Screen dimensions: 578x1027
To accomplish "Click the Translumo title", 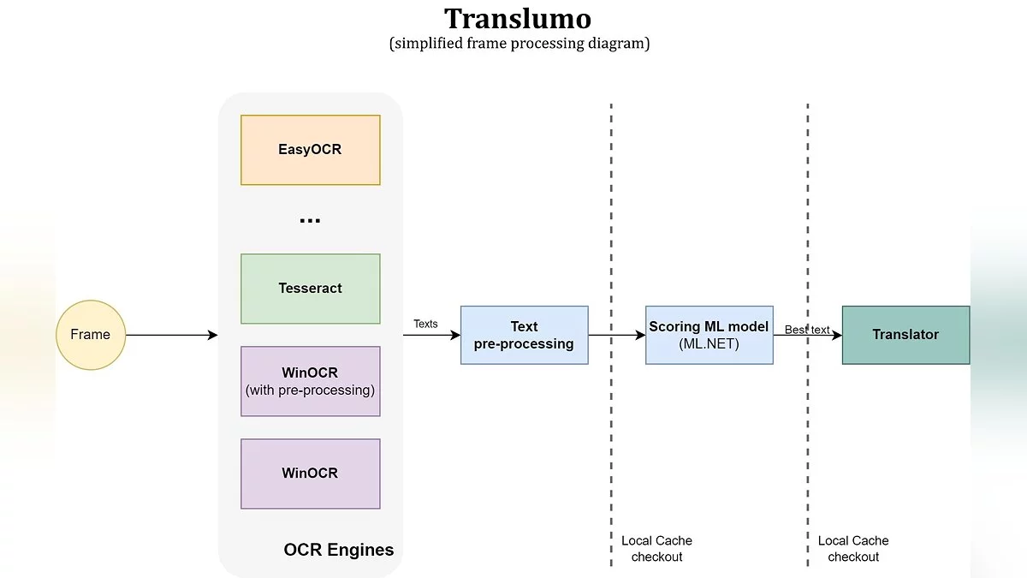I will pos(518,19).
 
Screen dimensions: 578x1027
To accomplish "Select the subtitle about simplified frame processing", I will pos(519,44).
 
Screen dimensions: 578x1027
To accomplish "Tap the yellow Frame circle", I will pos(91,335).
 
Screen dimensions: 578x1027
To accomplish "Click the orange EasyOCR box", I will pos(310,150).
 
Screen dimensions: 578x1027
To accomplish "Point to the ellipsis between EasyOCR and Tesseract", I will pos(310,221).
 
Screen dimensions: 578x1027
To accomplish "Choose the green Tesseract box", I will pos(310,289).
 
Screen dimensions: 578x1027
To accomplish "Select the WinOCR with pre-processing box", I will pos(310,381).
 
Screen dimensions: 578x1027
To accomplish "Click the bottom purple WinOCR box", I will pos(310,474).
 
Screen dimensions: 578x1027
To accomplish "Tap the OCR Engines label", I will pos(339,550).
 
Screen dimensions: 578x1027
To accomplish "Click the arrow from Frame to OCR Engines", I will pos(171,335).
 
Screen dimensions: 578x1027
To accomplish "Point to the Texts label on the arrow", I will pos(425,324).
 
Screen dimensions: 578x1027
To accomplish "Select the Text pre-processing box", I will pos(524,335).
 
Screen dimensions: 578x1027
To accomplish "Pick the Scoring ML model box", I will pos(709,335).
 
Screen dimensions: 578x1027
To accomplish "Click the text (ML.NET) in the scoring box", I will pos(709,343).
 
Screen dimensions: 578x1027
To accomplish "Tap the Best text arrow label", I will pos(807,330).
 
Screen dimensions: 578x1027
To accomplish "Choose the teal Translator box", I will pos(905,335).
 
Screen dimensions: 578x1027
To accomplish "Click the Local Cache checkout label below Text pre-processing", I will pos(656,549).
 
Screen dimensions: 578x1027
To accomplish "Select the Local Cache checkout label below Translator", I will pos(853,549).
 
